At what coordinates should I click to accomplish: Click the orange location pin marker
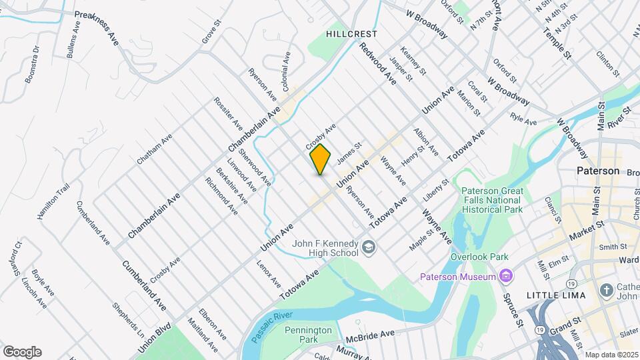[321, 159]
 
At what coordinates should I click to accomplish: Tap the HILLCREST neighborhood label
[352, 33]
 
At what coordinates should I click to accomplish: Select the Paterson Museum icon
[507, 276]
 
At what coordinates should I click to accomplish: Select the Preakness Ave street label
[97, 28]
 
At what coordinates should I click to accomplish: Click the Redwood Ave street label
[377, 63]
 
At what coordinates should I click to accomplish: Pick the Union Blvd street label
[155, 339]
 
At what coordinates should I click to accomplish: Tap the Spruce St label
[512, 310]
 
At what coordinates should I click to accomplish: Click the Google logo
[22, 352]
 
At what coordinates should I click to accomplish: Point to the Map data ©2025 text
[611, 355]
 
